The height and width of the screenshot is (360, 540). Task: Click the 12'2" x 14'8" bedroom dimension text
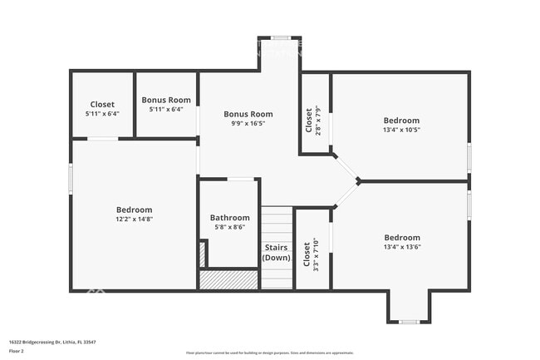[134, 219]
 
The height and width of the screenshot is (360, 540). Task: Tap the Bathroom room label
[229, 218]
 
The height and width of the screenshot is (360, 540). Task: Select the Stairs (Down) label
[277, 253]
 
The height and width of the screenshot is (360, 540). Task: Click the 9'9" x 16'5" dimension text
[248, 123]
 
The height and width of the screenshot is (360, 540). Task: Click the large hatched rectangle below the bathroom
[228, 279]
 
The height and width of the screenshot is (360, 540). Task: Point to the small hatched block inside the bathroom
[202, 254]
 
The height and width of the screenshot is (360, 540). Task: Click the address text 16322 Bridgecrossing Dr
[52, 341]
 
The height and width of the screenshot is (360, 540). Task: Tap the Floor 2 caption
[17, 351]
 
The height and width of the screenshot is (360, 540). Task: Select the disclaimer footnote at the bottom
[269, 353]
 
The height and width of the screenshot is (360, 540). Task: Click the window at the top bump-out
[280, 37]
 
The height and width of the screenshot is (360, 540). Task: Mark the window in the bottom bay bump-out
[408, 321]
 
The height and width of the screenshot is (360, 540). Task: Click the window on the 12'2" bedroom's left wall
[71, 178]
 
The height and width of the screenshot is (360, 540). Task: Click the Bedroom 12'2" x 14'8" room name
[134, 210]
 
